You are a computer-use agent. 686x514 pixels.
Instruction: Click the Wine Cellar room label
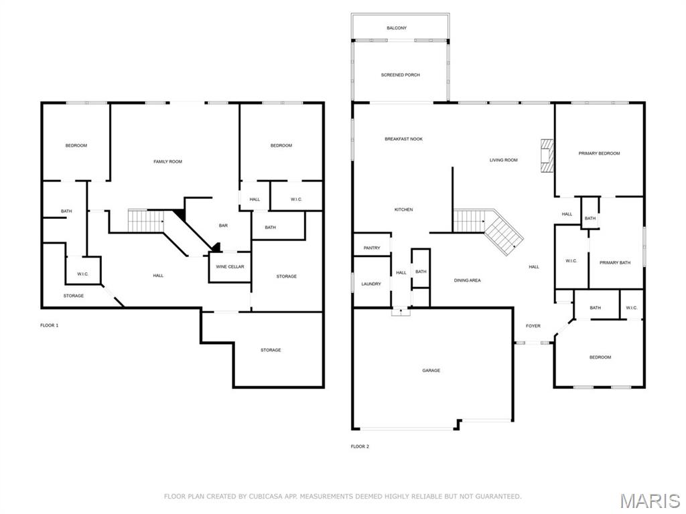(230, 267)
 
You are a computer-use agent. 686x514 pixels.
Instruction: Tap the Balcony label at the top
(396, 28)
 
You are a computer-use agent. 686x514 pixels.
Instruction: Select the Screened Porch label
(400, 75)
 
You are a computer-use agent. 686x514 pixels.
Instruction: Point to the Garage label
(431, 370)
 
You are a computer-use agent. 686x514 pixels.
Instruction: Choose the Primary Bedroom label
(599, 153)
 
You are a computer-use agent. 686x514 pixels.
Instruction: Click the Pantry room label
(372, 248)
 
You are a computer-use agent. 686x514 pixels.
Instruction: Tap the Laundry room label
(371, 284)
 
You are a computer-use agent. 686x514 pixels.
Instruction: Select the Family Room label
(167, 161)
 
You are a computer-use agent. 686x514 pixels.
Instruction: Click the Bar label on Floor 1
(223, 226)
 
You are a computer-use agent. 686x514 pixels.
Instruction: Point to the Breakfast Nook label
(403, 139)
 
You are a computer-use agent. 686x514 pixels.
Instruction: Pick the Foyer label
(533, 326)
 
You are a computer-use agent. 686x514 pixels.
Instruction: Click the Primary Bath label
(614, 262)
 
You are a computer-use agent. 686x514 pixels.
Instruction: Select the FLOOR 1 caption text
(50, 325)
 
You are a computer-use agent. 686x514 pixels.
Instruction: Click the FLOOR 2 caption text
(360, 446)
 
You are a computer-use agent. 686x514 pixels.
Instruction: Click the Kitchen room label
(403, 210)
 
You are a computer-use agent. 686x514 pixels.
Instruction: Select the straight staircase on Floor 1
(145, 220)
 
